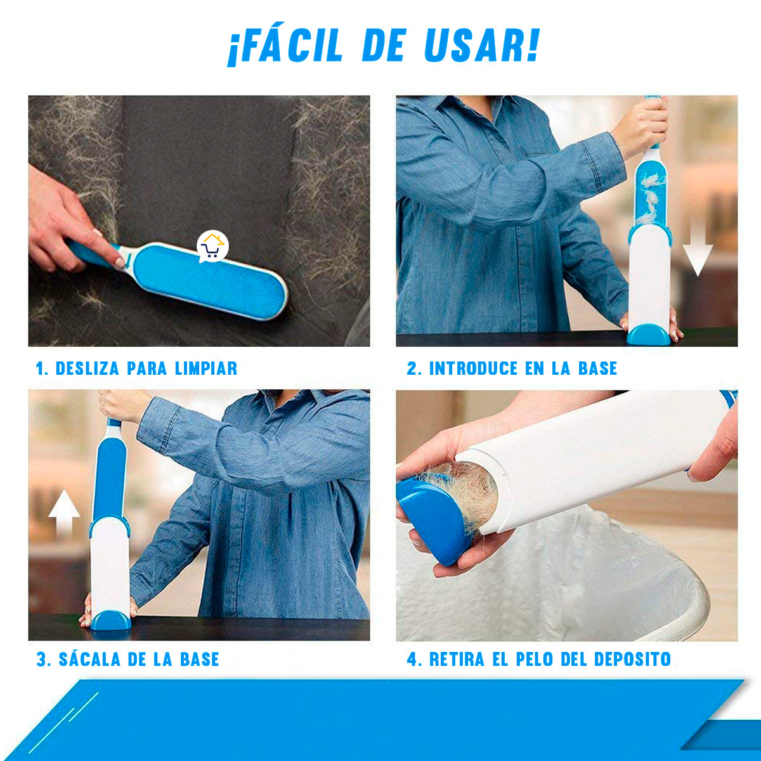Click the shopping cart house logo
pos(212,247)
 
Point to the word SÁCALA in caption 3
pos(89,659)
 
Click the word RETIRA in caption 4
pos(457,659)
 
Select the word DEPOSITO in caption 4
pos(632,659)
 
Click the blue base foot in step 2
pos(648,334)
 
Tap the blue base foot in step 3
pos(110,620)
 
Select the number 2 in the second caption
pos(412,368)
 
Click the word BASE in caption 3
pos(199,659)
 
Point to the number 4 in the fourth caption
pos(413,659)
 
